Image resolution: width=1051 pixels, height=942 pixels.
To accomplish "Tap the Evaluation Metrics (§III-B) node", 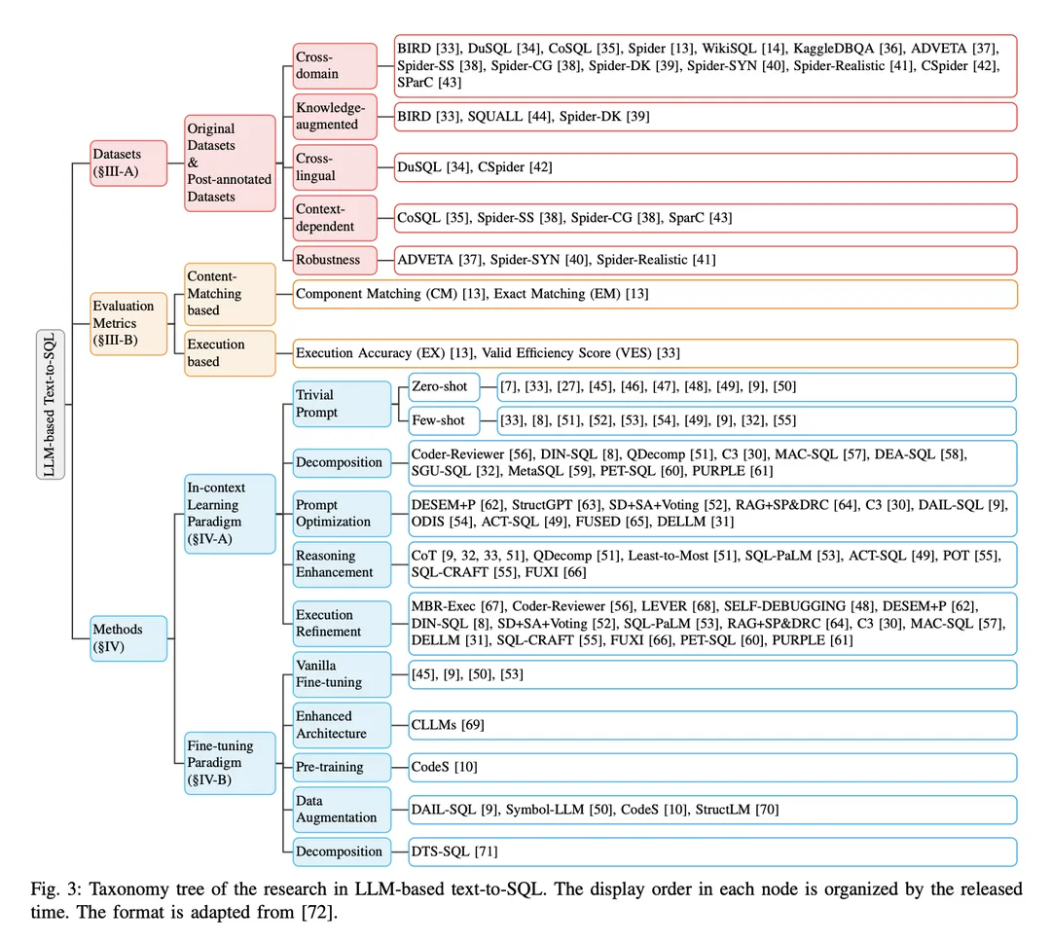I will point(128,323).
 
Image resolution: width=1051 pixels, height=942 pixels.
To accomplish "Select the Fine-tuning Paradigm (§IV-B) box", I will point(231,762).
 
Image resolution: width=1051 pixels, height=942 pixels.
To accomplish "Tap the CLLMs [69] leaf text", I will point(448,724).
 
